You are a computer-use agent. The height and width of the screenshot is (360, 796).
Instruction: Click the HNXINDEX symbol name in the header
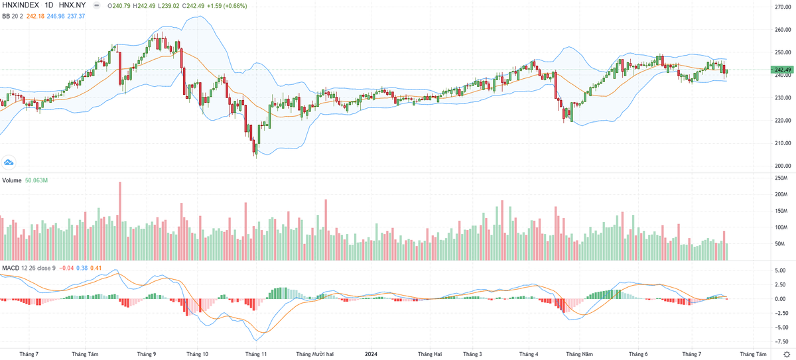tap(21, 5)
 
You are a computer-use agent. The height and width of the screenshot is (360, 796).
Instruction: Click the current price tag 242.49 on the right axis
tap(779, 70)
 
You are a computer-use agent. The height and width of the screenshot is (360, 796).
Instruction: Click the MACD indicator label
tap(11, 269)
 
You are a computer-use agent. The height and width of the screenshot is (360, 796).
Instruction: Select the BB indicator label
tap(7, 16)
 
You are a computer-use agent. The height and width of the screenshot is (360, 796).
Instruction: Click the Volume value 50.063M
tap(37, 180)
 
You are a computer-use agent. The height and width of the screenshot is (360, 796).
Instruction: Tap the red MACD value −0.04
tap(67, 269)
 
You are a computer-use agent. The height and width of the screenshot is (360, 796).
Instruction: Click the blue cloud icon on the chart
tap(9, 162)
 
